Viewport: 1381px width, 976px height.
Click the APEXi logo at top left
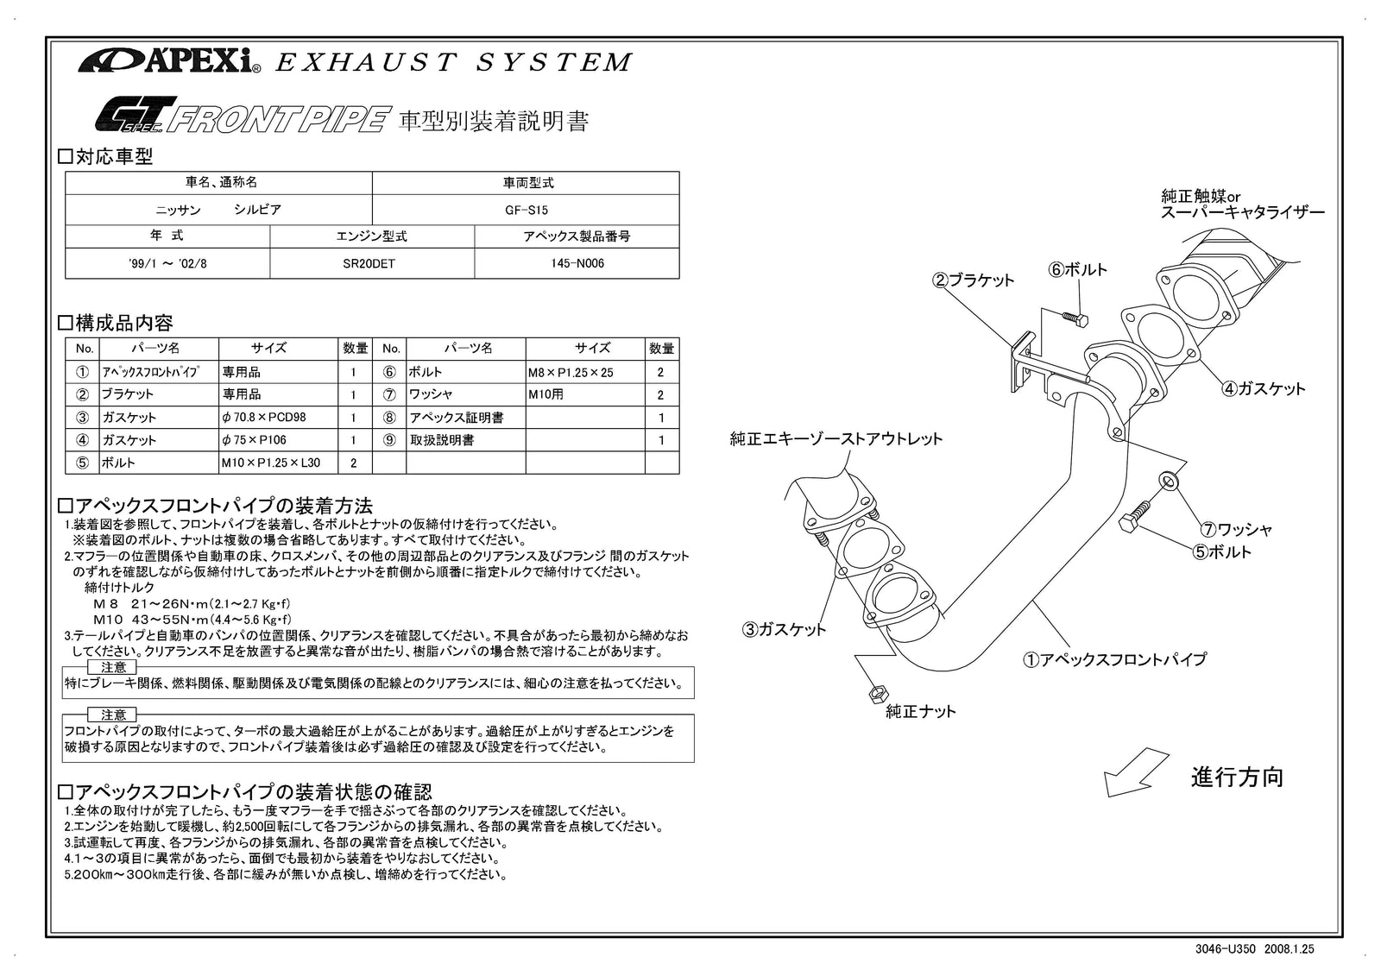tap(169, 61)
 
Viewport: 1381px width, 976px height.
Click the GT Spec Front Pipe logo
tap(238, 116)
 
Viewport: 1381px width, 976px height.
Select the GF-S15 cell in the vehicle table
tap(526, 210)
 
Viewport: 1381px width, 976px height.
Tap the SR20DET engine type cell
tap(372, 263)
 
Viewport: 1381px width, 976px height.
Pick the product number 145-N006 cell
tap(577, 263)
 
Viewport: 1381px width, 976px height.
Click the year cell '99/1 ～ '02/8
tap(167, 263)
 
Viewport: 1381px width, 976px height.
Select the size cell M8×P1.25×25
tap(571, 372)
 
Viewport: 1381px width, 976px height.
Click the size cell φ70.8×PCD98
tap(263, 417)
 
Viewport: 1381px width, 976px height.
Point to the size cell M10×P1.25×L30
tap(270, 463)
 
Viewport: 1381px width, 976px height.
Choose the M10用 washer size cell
tap(546, 394)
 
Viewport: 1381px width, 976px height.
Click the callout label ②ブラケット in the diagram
tap(973, 280)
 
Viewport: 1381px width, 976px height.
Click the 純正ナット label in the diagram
tap(921, 711)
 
